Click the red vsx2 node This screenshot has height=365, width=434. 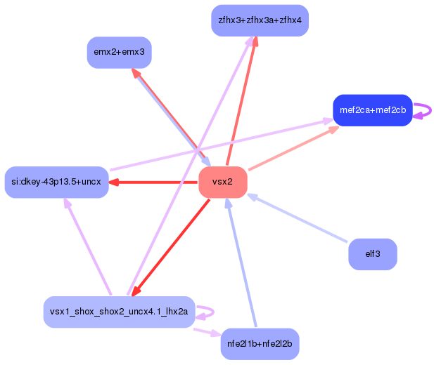[x=222, y=182]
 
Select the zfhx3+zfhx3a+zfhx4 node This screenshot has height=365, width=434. [x=260, y=20]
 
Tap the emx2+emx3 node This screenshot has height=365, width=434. [x=119, y=53]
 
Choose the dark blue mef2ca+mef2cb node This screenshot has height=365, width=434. [x=372, y=110]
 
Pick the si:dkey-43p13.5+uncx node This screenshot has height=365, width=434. [x=56, y=182]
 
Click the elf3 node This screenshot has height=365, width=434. [x=372, y=254]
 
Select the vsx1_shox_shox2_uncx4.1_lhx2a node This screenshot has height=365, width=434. [x=118, y=312]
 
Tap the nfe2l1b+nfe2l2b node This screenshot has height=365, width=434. [x=260, y=344]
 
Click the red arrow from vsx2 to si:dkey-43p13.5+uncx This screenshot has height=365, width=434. [x=155, y=182]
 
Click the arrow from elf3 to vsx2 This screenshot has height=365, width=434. [x=299, y=218]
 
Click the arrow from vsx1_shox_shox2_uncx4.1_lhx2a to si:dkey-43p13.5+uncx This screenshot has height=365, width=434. [x=87, y=246]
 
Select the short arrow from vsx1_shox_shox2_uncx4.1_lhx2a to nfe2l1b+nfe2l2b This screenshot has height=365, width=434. [x=207, y=331]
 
